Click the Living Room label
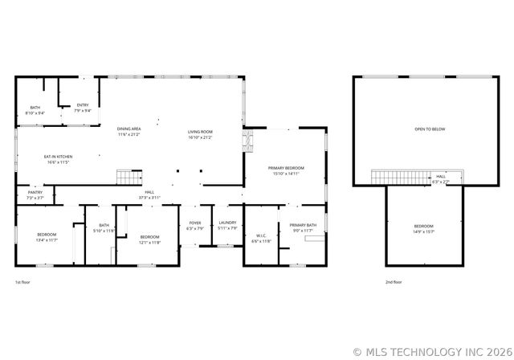click(x=200, y=131)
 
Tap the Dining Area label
click(x=129, y=129)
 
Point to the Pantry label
click(x=35, y=193)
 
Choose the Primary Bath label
click(x=303, y=225)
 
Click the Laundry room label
click(x=227, y=223)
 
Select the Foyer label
click(x=195, y=223)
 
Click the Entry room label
click(x=83, y=105)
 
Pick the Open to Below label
click(x=430, y=129)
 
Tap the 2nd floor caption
click(x=394, y=282)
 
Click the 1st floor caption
click(x=24, y=282)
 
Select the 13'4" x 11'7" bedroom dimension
click(x=47, y=239)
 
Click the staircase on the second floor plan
click(x=400, y=176)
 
